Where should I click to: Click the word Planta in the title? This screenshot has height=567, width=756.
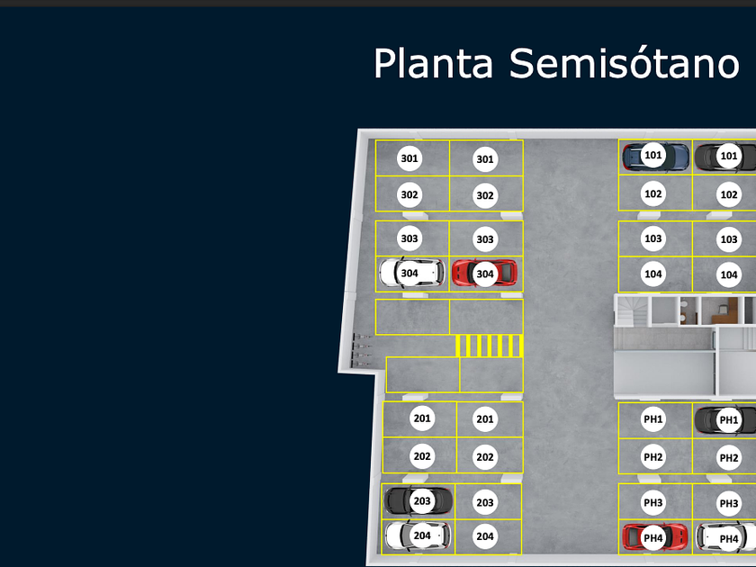(434, 64)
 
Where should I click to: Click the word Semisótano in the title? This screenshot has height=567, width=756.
(625, 63)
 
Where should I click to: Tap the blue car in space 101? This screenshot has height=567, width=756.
(655, 157)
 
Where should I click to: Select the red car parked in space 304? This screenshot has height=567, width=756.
(484, 273)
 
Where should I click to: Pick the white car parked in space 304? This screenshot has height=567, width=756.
(412, 273)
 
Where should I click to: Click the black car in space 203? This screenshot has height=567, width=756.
(418, 500)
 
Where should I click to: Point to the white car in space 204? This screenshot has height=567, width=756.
(418, 535)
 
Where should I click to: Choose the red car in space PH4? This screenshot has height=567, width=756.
(655, 537)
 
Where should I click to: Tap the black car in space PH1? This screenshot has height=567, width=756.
(725, 420)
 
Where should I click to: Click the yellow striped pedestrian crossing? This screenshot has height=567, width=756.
(489, 346)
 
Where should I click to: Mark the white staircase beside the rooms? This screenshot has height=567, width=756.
(632, 310)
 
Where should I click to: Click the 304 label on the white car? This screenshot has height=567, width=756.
(409, 274)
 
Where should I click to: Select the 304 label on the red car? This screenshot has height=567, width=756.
(485, 274)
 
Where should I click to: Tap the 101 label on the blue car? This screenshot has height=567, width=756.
(653, 155)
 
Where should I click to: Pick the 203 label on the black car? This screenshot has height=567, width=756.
(422, 501)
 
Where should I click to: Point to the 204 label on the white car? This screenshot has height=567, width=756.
(422, 535)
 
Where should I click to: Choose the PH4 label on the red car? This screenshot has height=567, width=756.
(653, 538)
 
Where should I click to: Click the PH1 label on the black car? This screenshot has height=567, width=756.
(728, 420)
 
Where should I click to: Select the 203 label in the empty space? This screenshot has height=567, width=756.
(485, 502)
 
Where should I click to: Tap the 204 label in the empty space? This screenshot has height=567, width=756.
(485, 536)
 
